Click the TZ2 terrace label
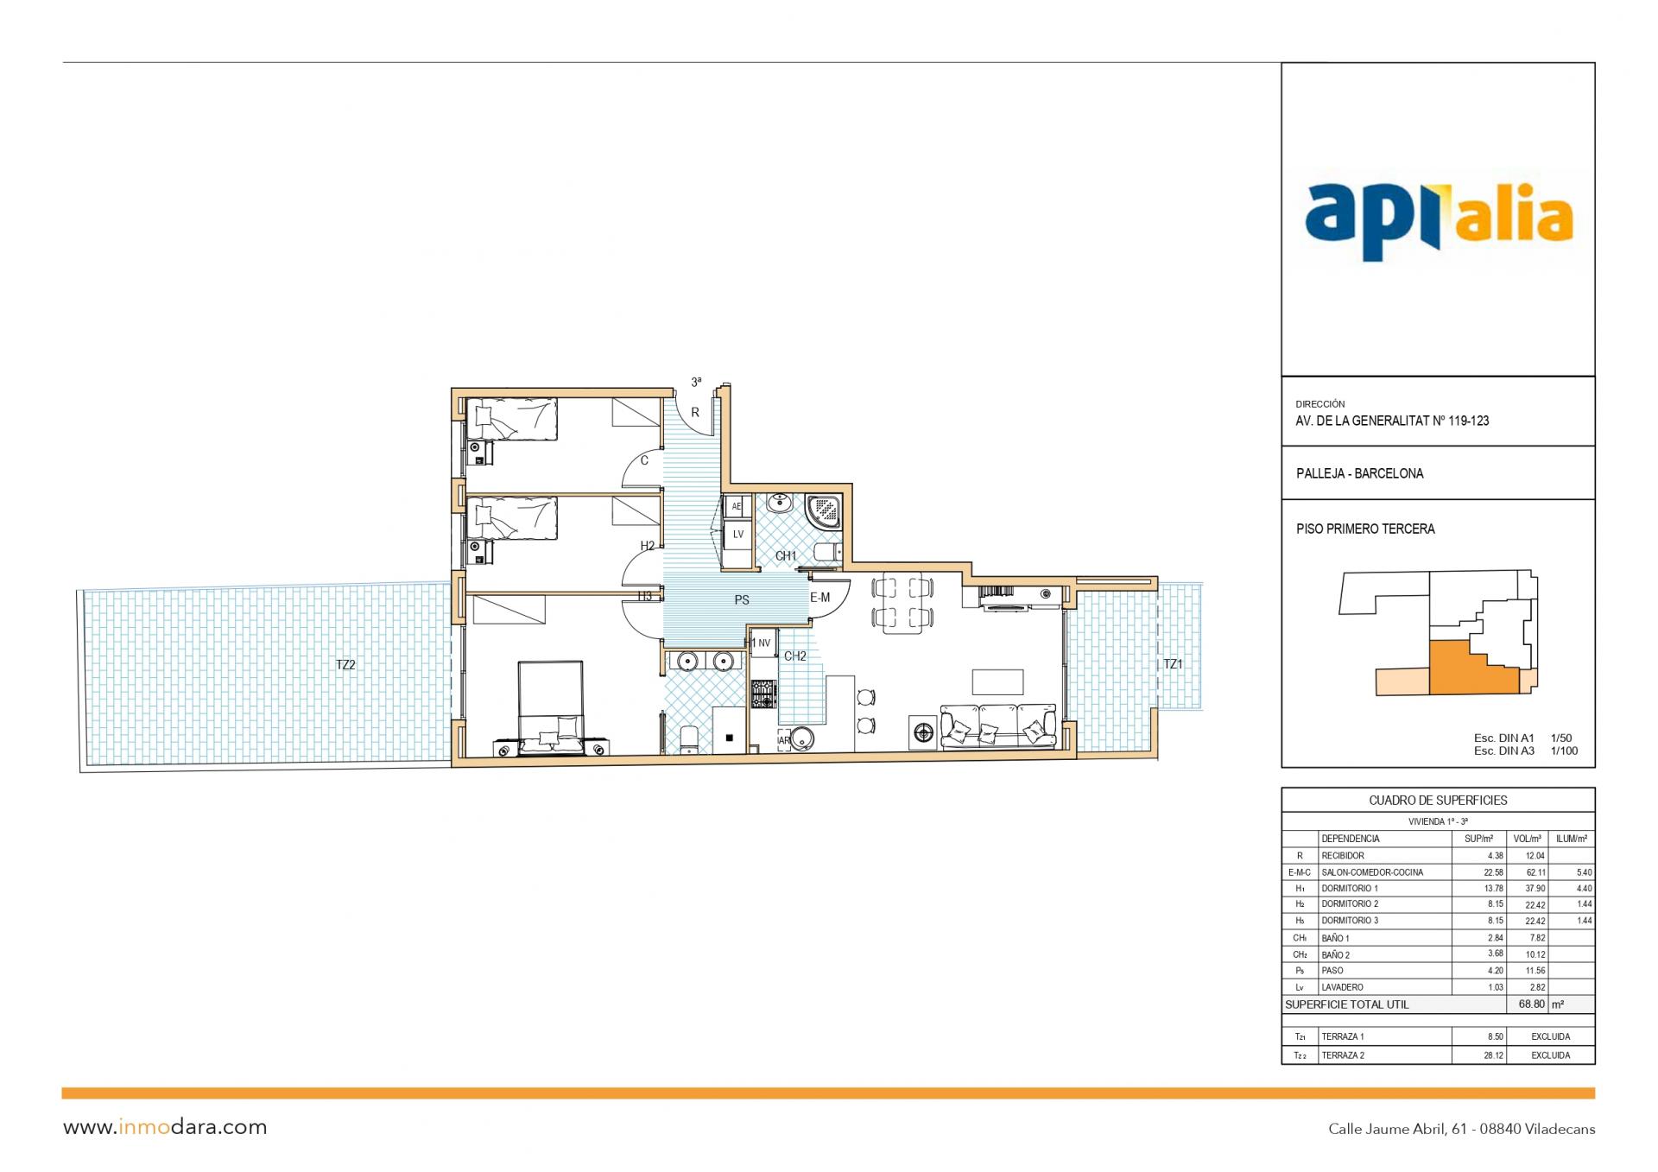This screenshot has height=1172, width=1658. [x=345, y=665]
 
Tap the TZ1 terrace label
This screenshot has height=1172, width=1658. [x=1173, y=664]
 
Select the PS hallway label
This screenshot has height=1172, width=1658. [x=742, y=600]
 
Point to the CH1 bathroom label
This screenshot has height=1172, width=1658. [x=786, y=556]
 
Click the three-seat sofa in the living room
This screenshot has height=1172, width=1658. [x=998, y=726]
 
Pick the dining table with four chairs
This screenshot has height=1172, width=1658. [x=902, y=603]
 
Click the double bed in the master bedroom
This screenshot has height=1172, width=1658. [x=550, y=708]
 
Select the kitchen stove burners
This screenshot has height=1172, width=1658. [x=763, y=694]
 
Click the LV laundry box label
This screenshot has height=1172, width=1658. [x=738, y=535]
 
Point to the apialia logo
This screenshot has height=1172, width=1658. [x=1438, y=220]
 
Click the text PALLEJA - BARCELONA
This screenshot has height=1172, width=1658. [x=1359, y=473]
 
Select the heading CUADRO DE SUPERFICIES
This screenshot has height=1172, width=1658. [x=1438, y=801]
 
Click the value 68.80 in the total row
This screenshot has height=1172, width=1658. [x=1531, y=1004]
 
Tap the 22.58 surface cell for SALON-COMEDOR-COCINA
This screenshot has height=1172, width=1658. [x=1493, y=872]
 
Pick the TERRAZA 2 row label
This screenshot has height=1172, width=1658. [x=1343, y=1055]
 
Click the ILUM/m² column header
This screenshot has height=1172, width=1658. [x=1572, y=839]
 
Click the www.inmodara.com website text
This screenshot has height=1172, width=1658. [x=165, y=1127]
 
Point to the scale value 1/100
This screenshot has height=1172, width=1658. [x=1564, y=751]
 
